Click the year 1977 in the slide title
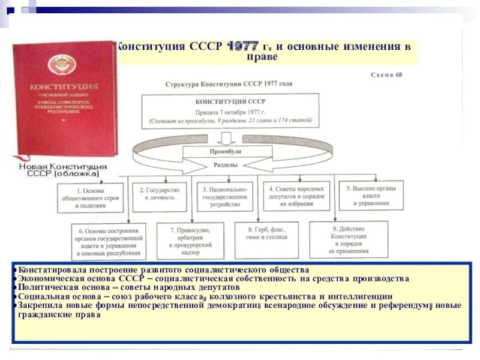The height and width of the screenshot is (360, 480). point(242,46)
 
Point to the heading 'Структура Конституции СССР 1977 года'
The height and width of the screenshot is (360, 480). point(229,83)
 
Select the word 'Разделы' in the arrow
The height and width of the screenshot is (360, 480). point(225,164)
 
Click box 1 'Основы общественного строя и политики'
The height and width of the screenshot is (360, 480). point(91,196)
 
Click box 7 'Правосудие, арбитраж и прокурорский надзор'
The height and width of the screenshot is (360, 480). point(190,241)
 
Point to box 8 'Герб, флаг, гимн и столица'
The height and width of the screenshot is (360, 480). point(266,236)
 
